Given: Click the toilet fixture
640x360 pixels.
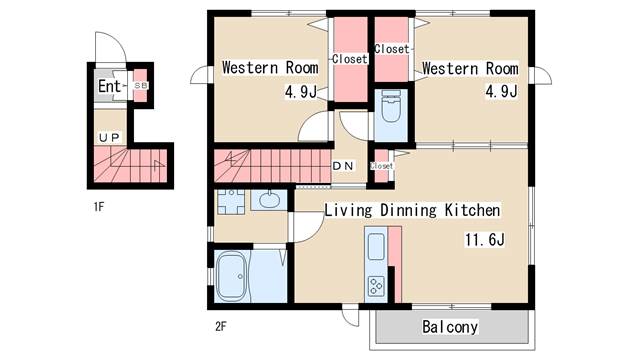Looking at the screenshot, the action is (391, 106).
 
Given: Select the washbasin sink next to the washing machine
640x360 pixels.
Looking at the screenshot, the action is (268, 200).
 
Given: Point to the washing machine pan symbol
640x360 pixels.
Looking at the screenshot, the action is (231, 202).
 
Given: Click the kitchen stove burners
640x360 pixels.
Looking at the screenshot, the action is (376, 286).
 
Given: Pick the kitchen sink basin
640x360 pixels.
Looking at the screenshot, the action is (376, 247).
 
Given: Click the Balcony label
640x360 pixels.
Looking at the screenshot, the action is (450, 327).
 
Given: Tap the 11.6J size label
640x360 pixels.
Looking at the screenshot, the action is (484, 240).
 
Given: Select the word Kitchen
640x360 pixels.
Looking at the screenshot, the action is (472, 210).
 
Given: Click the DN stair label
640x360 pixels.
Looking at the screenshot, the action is (343, 166).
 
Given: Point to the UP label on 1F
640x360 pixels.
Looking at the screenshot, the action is (109, 138).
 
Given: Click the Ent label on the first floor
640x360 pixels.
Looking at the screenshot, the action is (109, 86).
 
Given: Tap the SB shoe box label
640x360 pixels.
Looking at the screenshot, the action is (141, 86).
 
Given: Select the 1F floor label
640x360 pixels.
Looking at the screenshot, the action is (99, 207).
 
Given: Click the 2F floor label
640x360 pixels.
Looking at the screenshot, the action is (220, 326).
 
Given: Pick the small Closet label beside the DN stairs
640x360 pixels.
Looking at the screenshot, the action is (382, 166).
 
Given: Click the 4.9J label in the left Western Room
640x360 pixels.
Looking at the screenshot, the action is (301, 92).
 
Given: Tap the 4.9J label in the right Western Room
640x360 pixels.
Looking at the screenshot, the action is (501, 91).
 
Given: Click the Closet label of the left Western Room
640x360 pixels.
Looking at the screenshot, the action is (350, 59).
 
